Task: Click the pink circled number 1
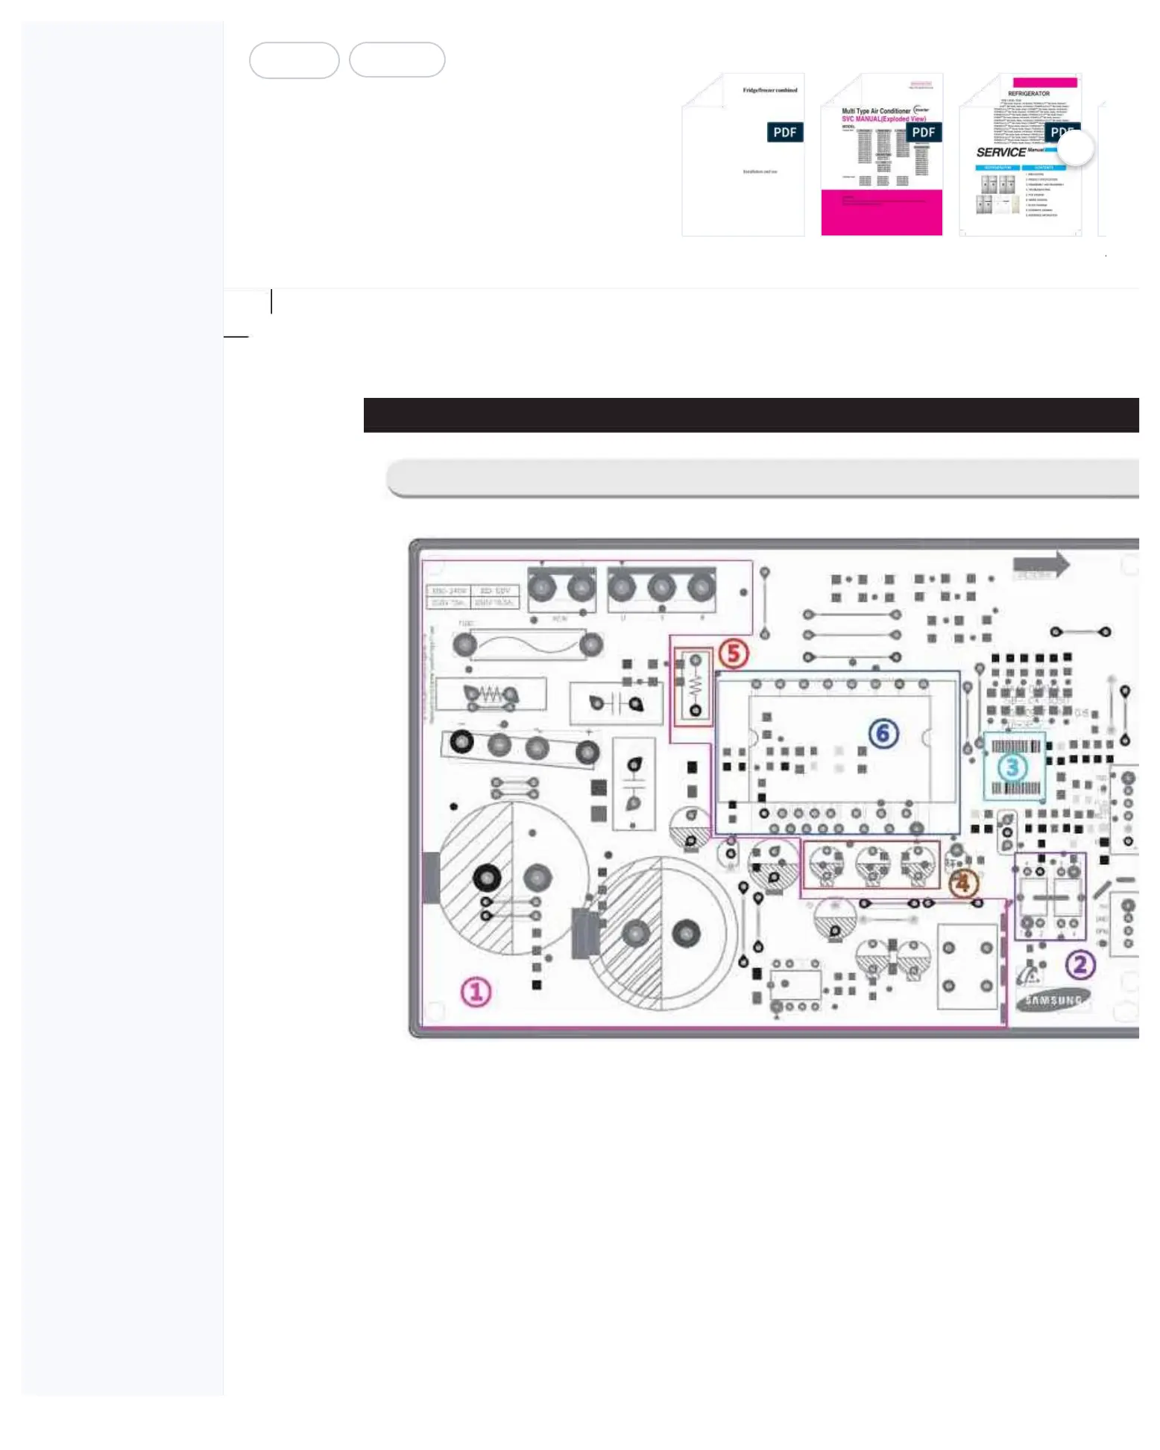point(476,992)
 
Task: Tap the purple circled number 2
point(1079,965)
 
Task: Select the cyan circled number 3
point(1012,767)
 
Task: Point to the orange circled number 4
point(962,884)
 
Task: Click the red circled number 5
point(734,653)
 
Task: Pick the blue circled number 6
point(883,734)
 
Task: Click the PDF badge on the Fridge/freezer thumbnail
point(784,132)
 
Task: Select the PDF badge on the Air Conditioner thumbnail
point(923,132)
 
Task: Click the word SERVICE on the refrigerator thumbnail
point(1001,152)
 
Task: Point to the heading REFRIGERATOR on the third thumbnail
point(1029,94)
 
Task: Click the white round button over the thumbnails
point(1075,148)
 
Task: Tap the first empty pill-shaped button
point(294,60)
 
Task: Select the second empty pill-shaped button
point(397,60)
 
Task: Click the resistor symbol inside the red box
point(695,685)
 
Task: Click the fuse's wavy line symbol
point(528,645)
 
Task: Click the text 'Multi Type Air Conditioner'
point(876,111)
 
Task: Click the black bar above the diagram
point(751,415)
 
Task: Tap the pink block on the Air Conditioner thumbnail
point(881,212)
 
